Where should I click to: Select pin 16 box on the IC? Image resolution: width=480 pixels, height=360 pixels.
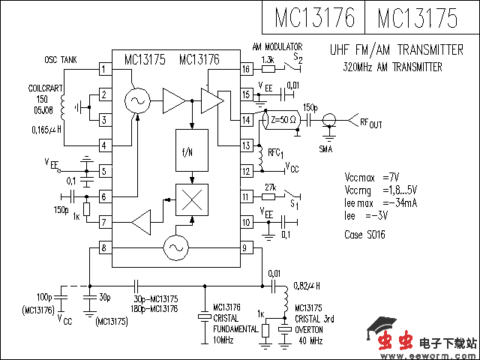coord(245,70)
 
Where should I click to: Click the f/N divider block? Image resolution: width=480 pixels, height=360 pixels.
coord(190,150)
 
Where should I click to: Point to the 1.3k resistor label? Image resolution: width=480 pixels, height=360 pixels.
coord(268,59)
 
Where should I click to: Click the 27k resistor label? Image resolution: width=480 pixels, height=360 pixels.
coord(271,187)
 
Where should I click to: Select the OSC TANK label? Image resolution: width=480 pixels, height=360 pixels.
coord(61,58)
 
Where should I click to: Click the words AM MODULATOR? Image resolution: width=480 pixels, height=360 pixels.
coord(277,46)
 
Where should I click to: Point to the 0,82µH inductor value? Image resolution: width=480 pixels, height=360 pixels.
coord(307,285)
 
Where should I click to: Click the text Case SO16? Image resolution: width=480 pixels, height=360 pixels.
coord(364,235)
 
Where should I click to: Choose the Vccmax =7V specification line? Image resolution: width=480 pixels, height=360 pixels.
coord(371,177)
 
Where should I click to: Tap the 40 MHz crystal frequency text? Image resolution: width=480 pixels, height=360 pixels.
coord(309,341)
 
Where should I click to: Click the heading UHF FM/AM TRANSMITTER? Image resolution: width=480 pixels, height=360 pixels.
coord(396,50)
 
